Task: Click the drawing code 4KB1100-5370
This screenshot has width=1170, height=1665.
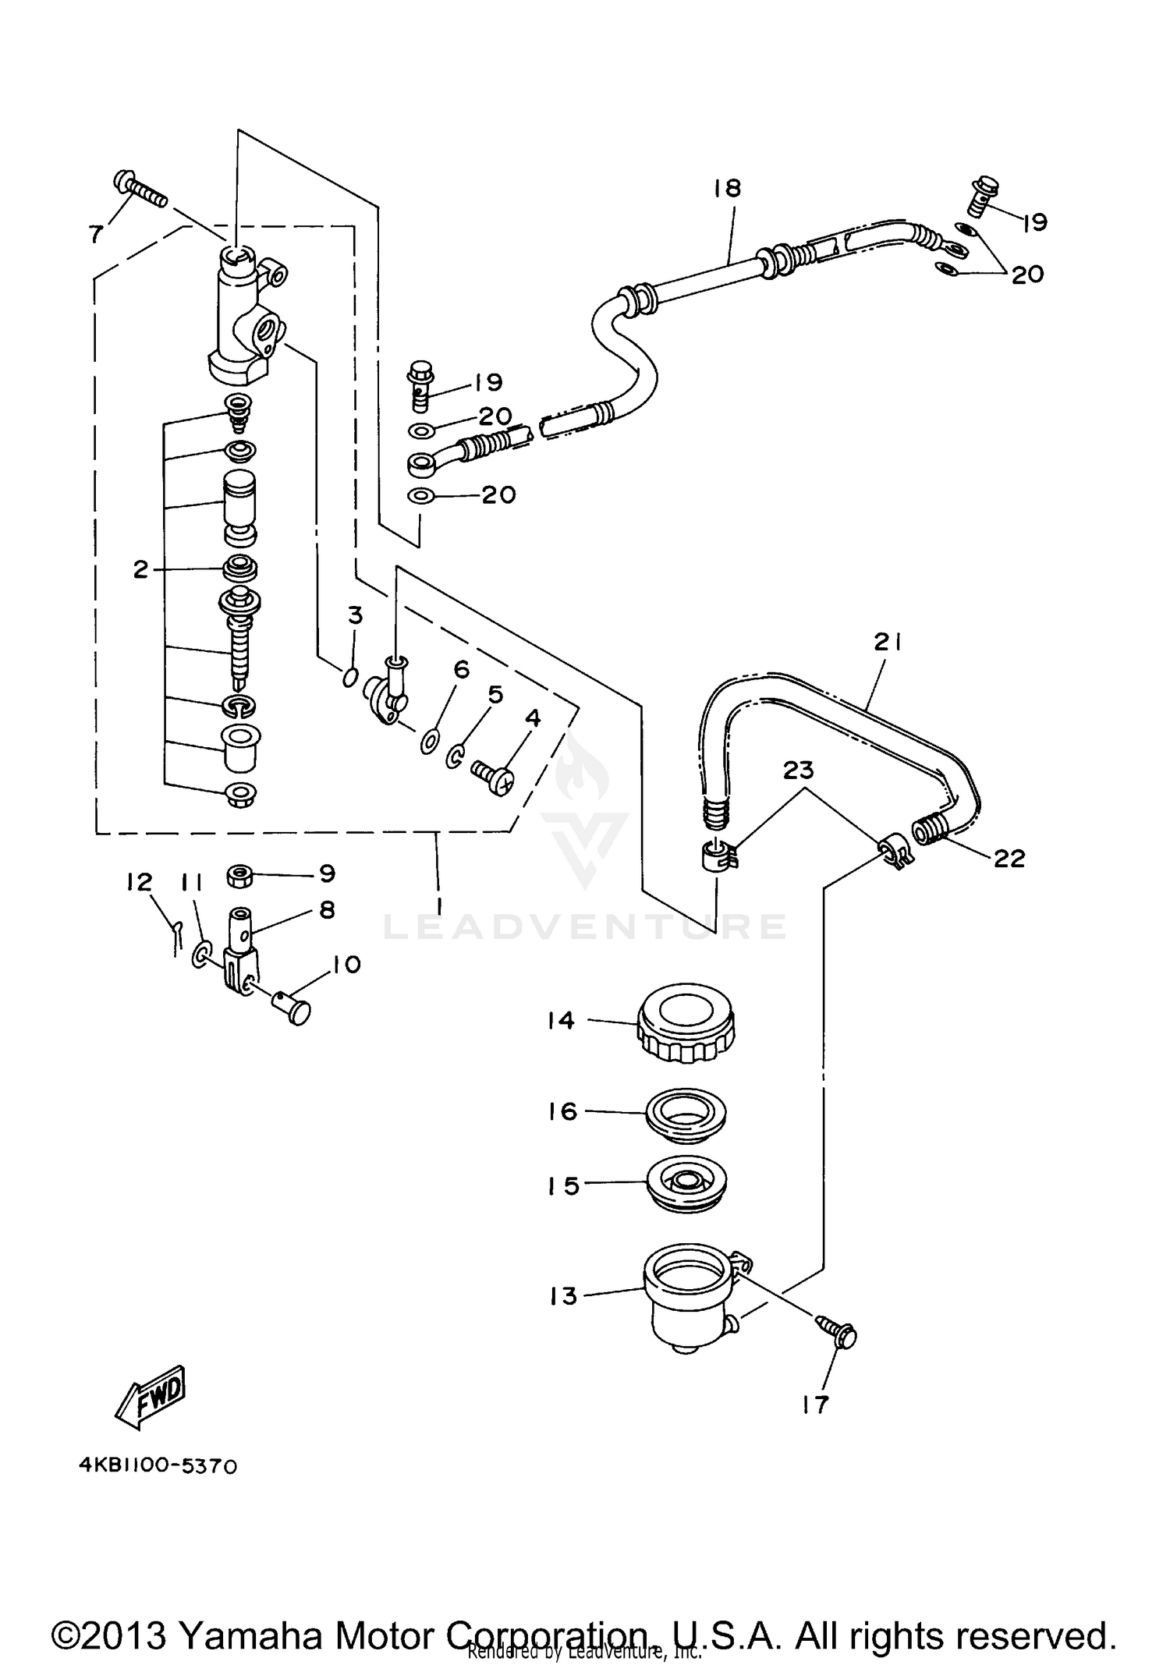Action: [158, 1466]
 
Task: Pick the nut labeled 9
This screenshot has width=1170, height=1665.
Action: [240, 876]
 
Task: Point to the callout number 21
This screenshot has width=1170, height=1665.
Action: [887, 642]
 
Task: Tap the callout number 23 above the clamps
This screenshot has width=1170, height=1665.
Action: [798, 770]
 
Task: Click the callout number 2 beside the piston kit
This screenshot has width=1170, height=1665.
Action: [140, 569]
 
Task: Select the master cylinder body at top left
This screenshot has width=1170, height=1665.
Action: [242, 320]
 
